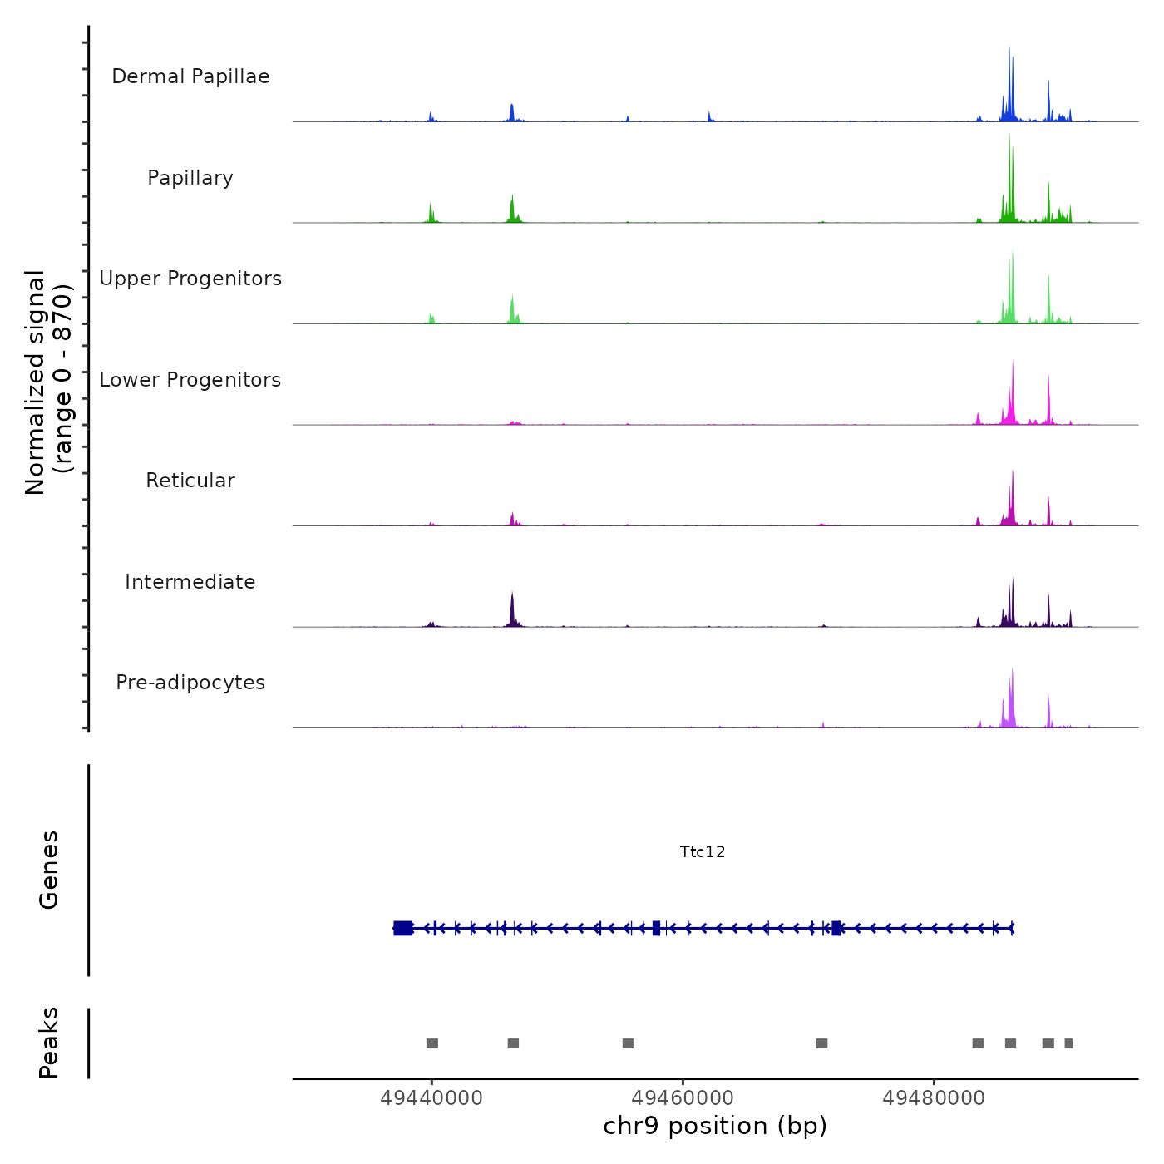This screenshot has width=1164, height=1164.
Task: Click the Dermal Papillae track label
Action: [x=190, y=76]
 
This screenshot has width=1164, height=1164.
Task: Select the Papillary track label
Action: [x=190, y=178]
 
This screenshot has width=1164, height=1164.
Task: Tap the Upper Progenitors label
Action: [x=190, y=279]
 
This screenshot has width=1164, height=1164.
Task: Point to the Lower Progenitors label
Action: [x=190, y=380]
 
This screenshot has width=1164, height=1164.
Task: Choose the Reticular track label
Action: [x=190, y=481]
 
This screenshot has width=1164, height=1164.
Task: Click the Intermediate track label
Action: [x=190, y=582]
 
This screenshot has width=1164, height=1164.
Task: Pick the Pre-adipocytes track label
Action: [x=190, y=683]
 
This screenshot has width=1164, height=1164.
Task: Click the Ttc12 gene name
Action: [x=703, y=851]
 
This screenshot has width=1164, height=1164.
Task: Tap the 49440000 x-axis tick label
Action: [x=432, y=1098]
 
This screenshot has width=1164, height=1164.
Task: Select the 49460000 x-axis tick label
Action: [x=683, y=1098]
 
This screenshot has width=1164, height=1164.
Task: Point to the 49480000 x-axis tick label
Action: [x=934, y=1098]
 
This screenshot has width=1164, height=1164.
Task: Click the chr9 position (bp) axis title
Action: [x=715, y=1126]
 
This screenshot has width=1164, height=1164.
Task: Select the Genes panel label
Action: [x=49, y=870]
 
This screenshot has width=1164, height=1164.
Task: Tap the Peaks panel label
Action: [x=49, y=1043]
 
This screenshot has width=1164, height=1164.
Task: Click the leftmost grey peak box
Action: [x=432, y=1043]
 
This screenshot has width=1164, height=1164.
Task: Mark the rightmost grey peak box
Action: [x=1068, y=1043]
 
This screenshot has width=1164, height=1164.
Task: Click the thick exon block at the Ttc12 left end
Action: [x=403, y=928]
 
